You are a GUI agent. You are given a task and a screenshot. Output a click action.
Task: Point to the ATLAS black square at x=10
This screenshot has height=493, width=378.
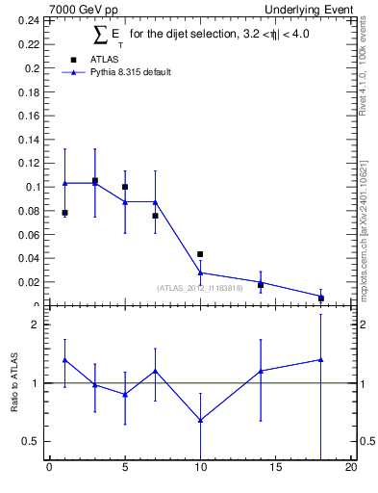(x=200, y=254)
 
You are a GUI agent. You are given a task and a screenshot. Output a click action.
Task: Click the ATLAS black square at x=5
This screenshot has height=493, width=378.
(x=125, y=187)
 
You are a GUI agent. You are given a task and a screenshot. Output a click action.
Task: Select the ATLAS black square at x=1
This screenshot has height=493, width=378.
(x=64, y=213)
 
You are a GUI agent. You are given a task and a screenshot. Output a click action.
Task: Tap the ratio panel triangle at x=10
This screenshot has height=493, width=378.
(x=200, y=420)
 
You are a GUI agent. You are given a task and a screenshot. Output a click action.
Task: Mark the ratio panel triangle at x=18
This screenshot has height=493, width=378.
(x=320, y=359)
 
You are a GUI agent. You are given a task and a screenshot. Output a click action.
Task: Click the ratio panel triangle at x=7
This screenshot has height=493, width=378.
(x=155, y=371)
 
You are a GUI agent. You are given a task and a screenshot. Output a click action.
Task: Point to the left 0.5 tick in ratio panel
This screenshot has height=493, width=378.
(x=32, y=441)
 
